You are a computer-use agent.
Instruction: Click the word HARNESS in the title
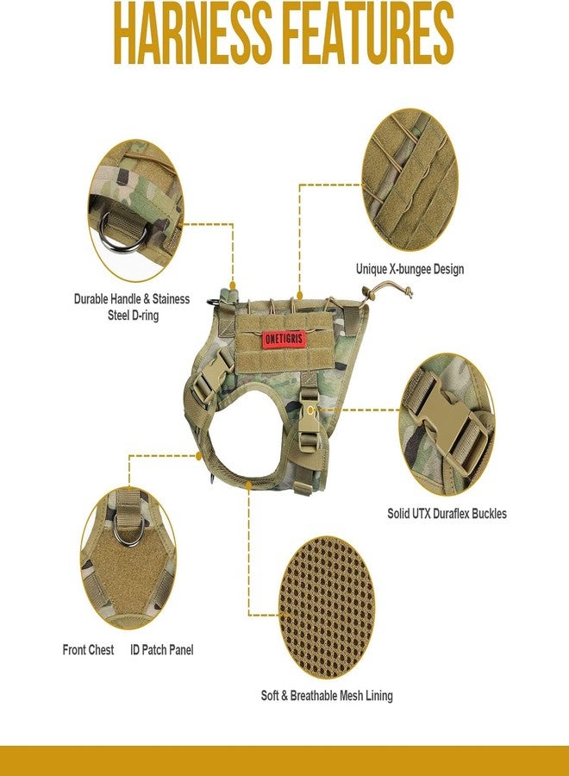click(x=193, y=33)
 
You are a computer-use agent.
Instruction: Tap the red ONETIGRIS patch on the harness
click(x=284, y=340)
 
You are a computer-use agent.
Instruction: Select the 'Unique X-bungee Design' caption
click(x=410, y=270)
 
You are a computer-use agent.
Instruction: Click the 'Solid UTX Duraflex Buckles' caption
click(x=447, y=514)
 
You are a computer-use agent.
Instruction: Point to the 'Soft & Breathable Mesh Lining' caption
click(x=327, y=696)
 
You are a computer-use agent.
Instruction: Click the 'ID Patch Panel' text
click(x=162, y=650)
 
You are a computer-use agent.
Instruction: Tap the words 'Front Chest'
click(x=88, y=650)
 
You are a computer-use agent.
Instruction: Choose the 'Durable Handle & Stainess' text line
click(x=132, y=299)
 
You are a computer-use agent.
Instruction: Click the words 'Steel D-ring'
click(x=133, y=316)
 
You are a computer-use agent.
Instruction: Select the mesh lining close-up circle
click(x=327, y=607)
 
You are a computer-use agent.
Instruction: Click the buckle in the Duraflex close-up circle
click(x=447, y=426)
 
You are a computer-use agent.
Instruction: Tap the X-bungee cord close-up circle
click(x=410, y=180)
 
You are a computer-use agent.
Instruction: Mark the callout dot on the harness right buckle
click(x=310, y=410)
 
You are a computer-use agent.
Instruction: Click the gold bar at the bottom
click(x=284, y=760)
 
